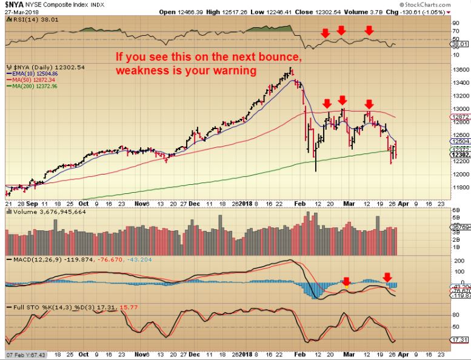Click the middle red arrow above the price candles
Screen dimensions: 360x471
pos(342,100)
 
